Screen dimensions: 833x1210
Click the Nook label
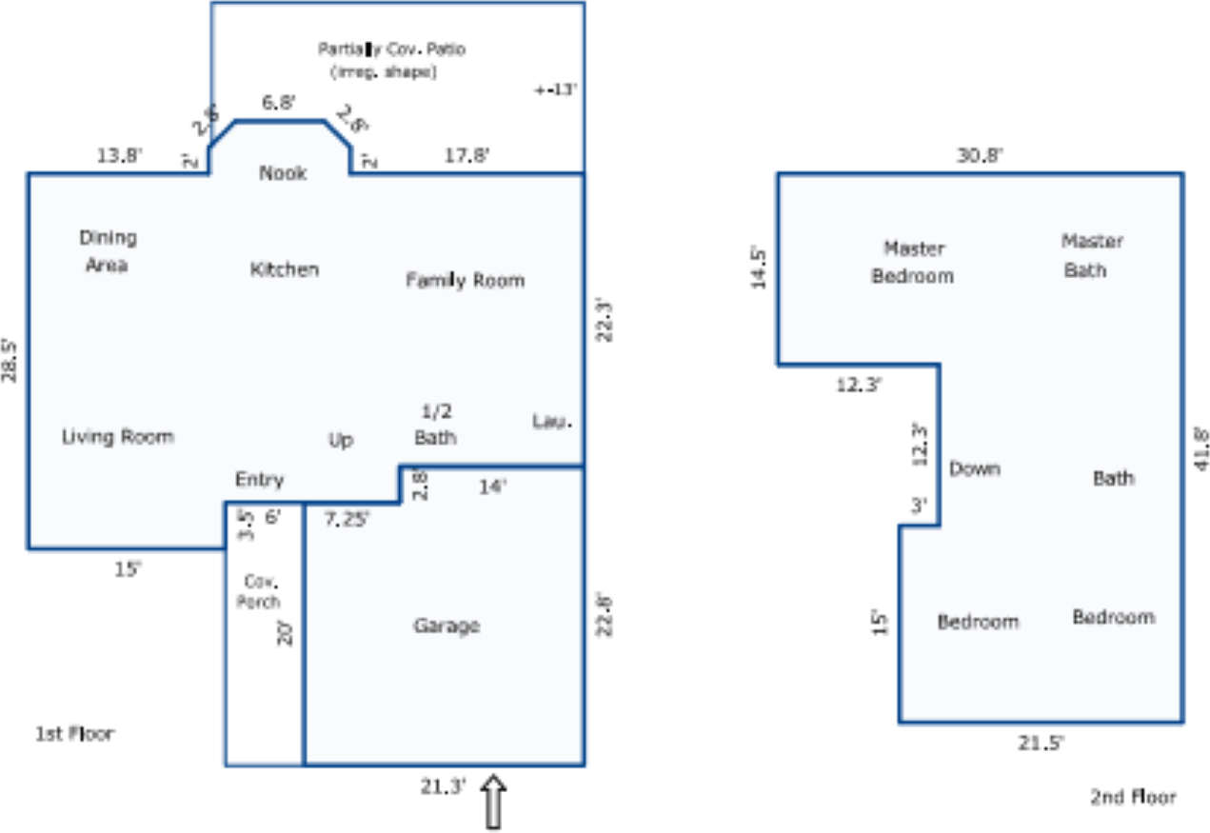tap(284, 173)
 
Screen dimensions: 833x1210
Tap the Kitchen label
tap(285, 269)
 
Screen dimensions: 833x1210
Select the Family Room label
tap(466, 280)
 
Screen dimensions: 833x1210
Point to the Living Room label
tap(118, 437)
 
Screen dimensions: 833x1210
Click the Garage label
tap(446, 625)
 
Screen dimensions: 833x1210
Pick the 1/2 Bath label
tap(435, 425)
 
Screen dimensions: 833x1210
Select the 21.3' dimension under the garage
tap(444, 786)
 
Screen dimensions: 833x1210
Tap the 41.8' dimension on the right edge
tap(1200, 447)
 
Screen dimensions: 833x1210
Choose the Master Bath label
tap(1092, 255)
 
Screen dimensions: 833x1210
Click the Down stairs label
tap(975, 468)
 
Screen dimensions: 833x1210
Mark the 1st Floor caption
tap(74, 734)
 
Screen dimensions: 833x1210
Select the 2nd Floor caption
tap(1133, 797)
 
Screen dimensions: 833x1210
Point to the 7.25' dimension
tap(347, 519)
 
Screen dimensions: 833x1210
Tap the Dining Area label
tap(108, 251)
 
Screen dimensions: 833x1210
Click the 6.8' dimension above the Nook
tap(279, 102)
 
